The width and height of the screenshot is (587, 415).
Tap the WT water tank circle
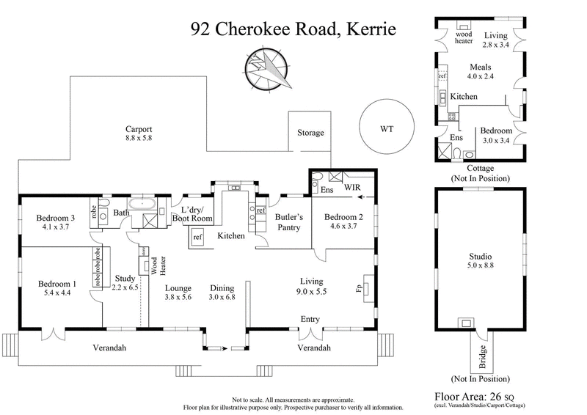[387, 128]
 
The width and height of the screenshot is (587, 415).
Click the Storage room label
[310, 133]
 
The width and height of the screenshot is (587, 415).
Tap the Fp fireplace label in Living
[359, 288]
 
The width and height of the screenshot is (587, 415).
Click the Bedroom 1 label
[57, 288]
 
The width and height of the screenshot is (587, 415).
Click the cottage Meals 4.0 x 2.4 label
[480, 71]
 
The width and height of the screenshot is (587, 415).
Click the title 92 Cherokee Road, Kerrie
[293, 29]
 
